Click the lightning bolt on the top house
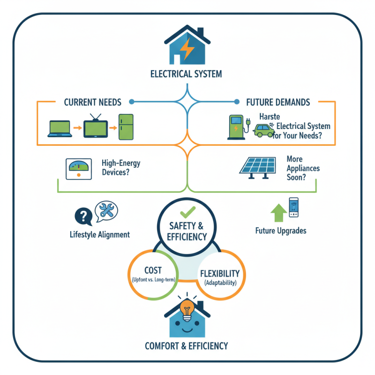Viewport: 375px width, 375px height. click(187, 49)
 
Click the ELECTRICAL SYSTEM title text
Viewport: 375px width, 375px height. click(186, 74)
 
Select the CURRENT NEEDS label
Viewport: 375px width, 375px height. click(92, 102)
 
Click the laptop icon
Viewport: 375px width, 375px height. click(60, 128)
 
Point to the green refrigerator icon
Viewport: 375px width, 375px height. click(126, 127)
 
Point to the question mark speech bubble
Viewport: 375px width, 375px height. click(83, 216)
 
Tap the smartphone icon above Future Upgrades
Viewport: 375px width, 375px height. click(293, 207)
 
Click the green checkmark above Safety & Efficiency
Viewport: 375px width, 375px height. click(187, 210)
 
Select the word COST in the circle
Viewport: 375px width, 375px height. click(153, 270)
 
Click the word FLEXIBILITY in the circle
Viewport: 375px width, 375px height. click(219, 273)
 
